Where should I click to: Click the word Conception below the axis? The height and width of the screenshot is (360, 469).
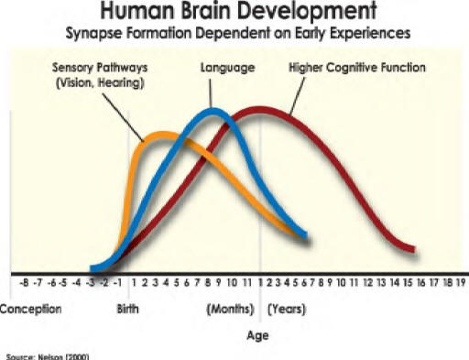pos(30,309)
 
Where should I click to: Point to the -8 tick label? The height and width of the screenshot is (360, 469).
pos(25,284)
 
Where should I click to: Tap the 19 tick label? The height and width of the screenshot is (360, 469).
pos(461,284)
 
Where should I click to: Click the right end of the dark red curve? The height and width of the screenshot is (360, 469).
pos(414,249)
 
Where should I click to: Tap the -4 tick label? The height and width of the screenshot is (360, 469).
pos(77,284)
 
